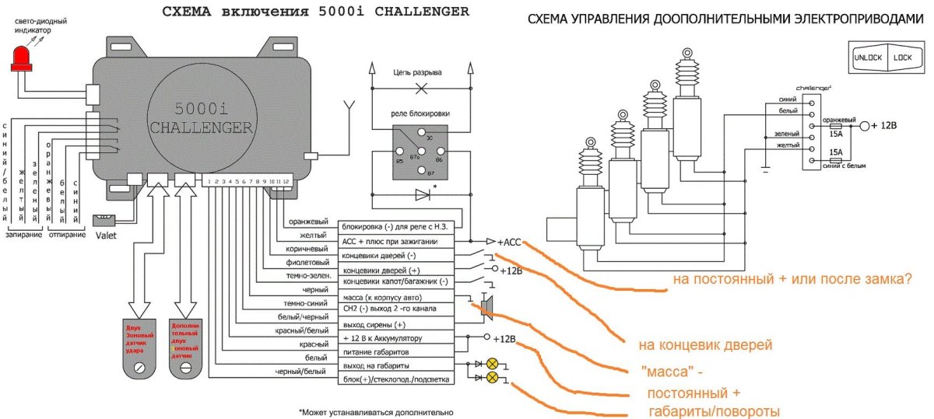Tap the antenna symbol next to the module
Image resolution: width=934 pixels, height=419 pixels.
pos(349,106)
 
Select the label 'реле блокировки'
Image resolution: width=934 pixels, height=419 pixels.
pos(420,113)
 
